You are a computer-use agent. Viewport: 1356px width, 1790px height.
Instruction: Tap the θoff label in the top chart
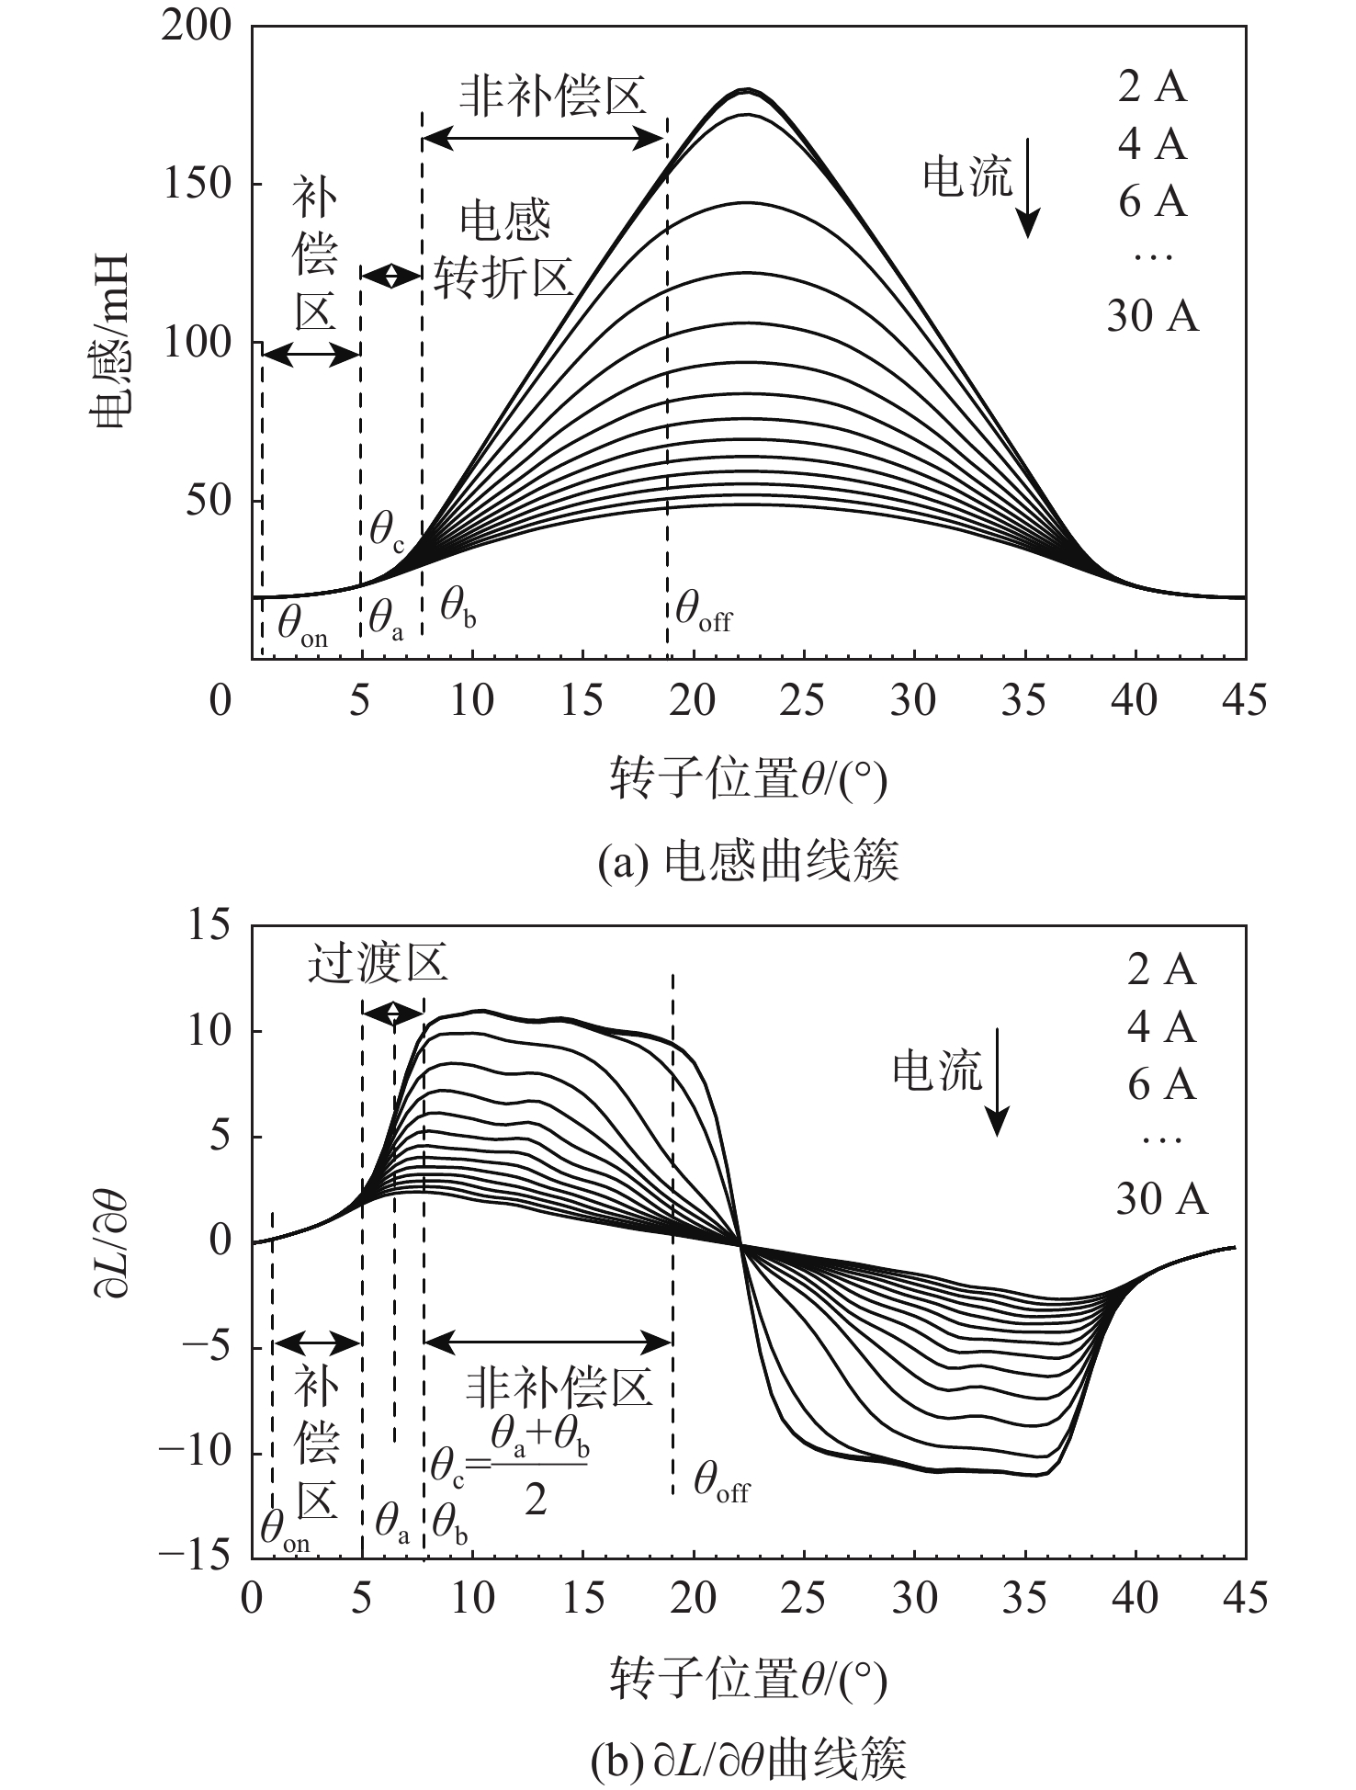click(704, 610)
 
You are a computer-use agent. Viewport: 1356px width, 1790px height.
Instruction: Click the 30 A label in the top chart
click(1152, 316)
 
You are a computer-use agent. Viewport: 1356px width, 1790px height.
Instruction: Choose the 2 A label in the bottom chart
click(1161, 969)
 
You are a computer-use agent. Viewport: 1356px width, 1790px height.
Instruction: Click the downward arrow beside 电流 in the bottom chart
click(998, 1093)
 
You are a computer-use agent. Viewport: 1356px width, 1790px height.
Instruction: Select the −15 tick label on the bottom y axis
click(195, 1554)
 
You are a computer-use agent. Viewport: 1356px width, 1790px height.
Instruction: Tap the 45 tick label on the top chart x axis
click(1245, 701)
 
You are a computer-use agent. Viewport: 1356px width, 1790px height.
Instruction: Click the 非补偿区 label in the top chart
click(553, 95)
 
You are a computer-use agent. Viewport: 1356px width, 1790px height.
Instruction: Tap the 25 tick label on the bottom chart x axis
click(804, 1599)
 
